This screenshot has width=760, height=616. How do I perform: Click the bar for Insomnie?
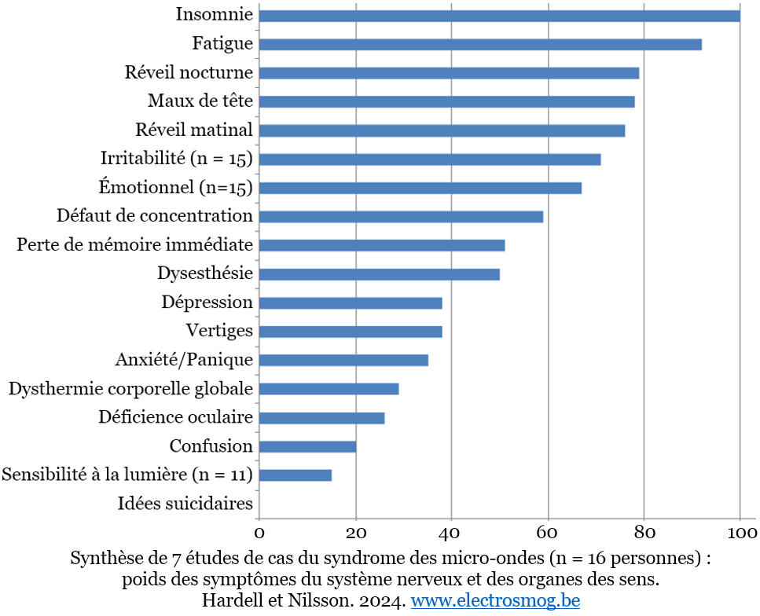(x=499, y=16)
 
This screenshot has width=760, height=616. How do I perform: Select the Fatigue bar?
(x=479, y=45)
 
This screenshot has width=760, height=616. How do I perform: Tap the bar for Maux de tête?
(x=446, y=102)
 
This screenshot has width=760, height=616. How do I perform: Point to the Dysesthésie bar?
(x=379, y=274)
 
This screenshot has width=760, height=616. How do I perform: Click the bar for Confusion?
(x=307, y=446)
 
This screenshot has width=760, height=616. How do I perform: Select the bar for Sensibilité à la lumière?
(x=295, y=475)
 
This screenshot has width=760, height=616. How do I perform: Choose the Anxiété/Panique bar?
(x=343, y=361)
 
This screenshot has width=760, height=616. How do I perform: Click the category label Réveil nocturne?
(x=189, y=73)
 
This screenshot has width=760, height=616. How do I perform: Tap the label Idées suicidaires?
(x=185, y=504)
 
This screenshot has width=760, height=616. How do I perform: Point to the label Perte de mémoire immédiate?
(x=134, y=244)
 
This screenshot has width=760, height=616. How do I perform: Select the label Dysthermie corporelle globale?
(x=130, y=389)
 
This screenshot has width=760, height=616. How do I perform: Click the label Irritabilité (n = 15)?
(x=176, y=159)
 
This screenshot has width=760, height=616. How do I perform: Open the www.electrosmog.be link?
(x=495, y=601)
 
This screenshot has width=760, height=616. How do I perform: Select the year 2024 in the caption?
(x=383, y=601)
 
